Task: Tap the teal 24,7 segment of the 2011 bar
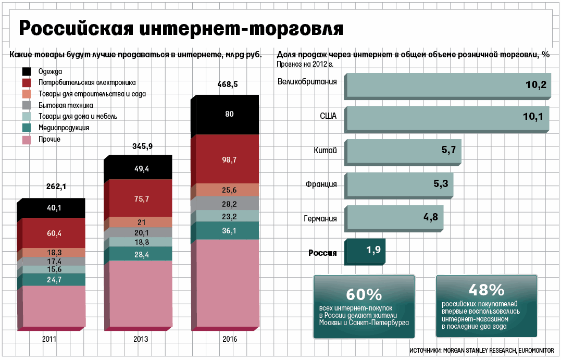tap(54, 280)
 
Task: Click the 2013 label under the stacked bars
tap(141, 339)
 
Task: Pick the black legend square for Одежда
tap(27, 71)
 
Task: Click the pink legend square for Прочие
tap(27, 139)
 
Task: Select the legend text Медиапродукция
tap(64, 128)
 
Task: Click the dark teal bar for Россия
tap(367, 251)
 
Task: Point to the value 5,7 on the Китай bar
tap(448, 151)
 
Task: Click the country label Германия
tap(320, 219)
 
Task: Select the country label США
tap(328, 116)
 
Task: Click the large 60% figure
tap(364, 294)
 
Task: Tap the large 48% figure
tap(487, 290)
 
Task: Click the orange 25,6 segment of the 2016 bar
tap(229, 190)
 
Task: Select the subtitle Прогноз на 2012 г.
tap(305, 64)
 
